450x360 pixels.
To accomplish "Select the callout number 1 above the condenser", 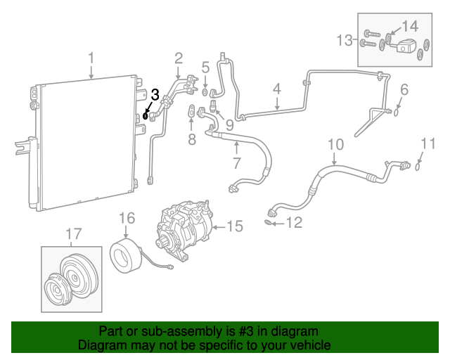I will coord(91,57).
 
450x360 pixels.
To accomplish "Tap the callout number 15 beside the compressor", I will coord(234,226).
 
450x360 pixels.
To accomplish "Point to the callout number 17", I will coord(73,233).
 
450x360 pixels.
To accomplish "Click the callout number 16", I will coord(126,218).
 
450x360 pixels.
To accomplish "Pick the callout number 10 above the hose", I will coord(335,146).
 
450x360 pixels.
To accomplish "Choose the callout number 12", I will coord(294,224).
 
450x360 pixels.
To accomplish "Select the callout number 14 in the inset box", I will coord(409,27).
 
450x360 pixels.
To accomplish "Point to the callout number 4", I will coord(277,89).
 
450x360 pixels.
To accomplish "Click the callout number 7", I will coord(236,164).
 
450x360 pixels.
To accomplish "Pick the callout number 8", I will coord(191,139).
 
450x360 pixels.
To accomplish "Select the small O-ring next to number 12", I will coord(269,223).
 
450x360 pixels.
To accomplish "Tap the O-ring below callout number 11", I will coord(418,167).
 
